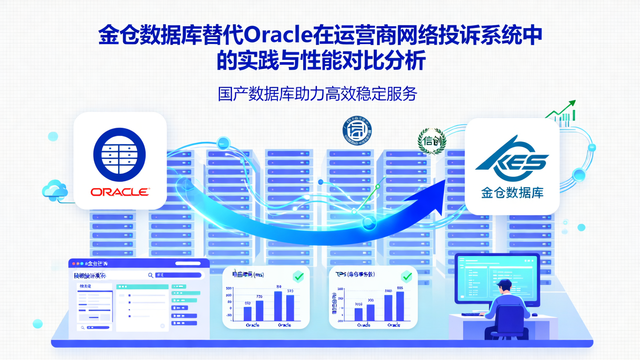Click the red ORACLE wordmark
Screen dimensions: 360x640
[x=120, y=192]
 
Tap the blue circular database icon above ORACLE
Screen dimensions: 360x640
[x=120, y=155]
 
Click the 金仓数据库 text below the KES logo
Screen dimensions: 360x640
[x=512, y=193]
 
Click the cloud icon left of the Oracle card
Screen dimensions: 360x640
[x=55, y=190]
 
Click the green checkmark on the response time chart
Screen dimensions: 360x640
[x=299, y=277]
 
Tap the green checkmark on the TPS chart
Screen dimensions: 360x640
[x=406, y=277]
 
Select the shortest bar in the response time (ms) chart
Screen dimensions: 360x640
[x=248, y=313]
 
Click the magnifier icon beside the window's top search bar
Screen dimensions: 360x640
[x=151, y=276]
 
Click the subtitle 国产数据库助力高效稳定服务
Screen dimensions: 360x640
[x=317, y=94]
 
